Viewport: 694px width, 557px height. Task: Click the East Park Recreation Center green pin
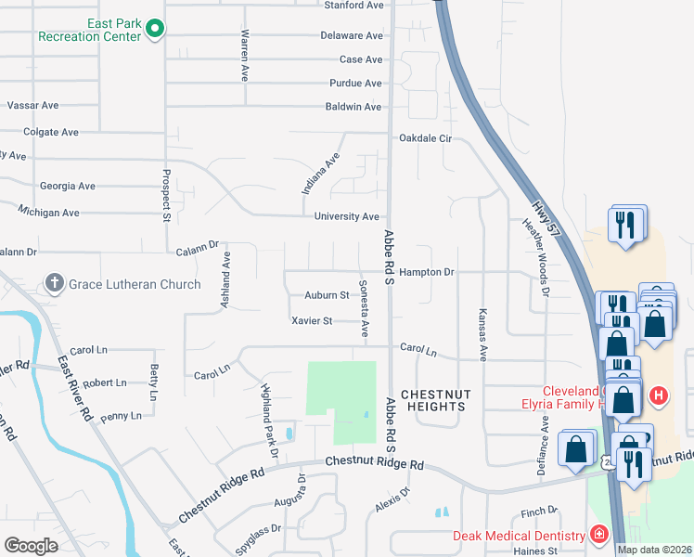(155, 31)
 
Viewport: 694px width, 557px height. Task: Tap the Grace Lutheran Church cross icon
(55, 283)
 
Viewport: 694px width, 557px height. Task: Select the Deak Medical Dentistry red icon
(598, 536)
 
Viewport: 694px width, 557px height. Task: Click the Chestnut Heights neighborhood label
(434, 398)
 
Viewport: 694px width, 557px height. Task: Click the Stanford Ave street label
(353, 6)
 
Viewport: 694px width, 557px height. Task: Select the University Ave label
(346, 216)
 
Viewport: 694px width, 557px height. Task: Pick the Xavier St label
(312, 321)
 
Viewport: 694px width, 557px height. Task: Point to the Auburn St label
(326, 296)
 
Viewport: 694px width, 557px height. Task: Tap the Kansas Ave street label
(482, 334)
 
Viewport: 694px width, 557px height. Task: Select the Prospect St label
(167, 196)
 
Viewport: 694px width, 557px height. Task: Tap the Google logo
(31, 545)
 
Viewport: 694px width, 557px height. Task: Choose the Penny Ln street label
(121, 417)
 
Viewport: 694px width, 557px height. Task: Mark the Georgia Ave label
(68, 187)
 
